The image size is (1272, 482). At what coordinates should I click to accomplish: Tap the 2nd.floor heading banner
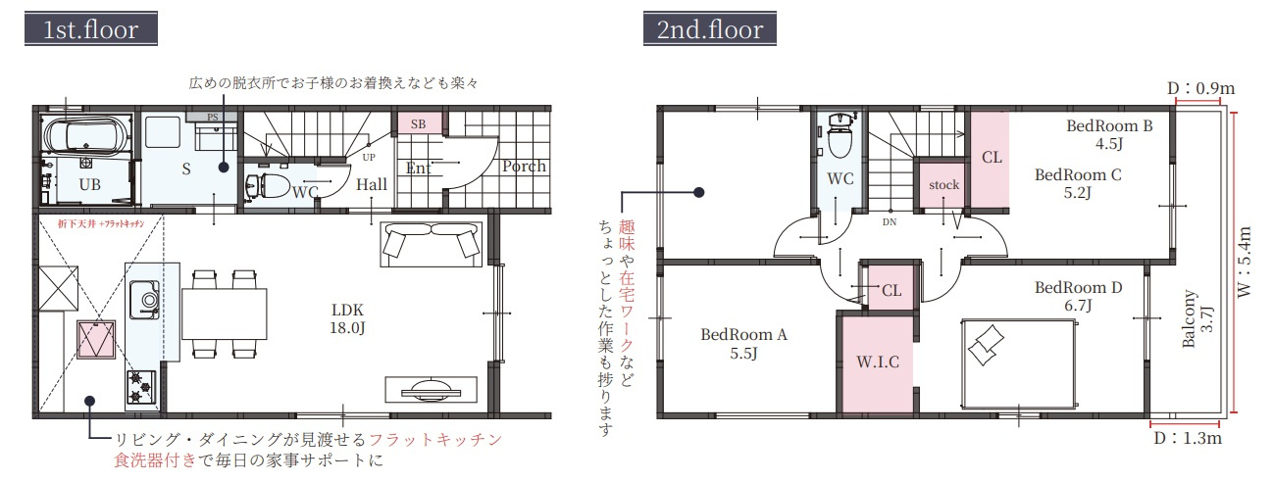click(710, 28)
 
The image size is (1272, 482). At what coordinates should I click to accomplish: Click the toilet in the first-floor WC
click(272, 184)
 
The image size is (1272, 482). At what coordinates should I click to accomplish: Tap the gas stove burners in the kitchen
click(140, 384)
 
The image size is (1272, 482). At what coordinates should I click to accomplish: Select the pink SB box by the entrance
click(418, 124)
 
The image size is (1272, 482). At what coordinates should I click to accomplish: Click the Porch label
click(524, 167)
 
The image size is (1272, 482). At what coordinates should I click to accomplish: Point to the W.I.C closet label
click(878, 361)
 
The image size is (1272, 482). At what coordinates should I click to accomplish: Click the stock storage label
click(943, 185)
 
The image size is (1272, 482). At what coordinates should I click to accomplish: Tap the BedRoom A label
click(744, 343)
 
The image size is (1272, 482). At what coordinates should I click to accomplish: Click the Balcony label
click(1198, 319)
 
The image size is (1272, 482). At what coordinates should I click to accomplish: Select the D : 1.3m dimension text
click(1187, 439)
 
